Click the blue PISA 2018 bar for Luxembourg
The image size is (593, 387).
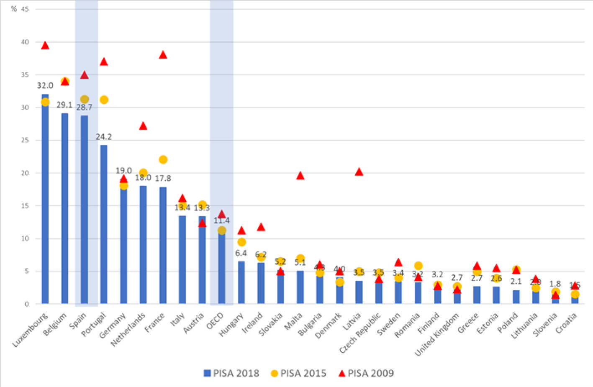45,201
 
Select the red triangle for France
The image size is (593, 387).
163,55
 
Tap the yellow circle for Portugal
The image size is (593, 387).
104,100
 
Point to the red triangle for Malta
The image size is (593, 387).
300,176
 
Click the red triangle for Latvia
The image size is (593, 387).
359,172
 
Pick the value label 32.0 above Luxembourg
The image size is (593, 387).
45,85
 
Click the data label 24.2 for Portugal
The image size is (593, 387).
104,137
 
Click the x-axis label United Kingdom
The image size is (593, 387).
437,335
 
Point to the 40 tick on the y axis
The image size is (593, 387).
25,42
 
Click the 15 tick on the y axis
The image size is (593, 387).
25,205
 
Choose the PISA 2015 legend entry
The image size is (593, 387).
298,373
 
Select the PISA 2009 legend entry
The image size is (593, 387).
366,373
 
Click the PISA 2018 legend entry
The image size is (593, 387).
231,373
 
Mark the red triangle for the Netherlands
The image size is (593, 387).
143,126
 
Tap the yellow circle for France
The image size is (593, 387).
163,160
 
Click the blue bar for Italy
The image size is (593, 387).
182,259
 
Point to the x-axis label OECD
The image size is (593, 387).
216,321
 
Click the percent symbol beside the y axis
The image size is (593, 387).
14,9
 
